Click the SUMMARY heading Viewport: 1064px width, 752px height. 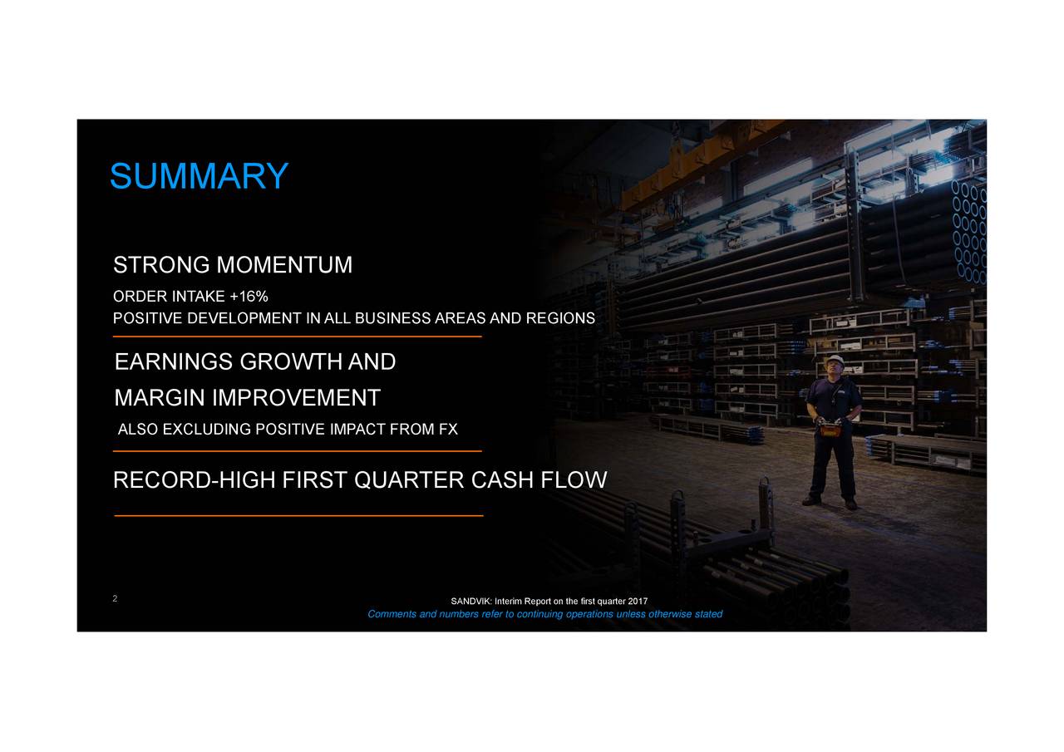[199, 176]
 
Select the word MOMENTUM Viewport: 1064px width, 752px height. [283, 266]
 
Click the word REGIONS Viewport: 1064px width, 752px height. [560, 319]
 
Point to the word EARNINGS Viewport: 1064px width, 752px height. [173, 363]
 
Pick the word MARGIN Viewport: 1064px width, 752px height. [160, 398]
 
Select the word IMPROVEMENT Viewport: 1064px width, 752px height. [297, 398]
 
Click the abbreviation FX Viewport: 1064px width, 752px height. [449, 430]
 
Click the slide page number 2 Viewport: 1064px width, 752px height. [115, 599]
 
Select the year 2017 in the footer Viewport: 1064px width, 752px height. [638, 602]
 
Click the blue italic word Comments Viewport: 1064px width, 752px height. [394, 615]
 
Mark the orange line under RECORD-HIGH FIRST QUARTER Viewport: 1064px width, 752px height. [298, 516]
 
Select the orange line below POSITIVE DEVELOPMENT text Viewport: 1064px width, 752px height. [297, 337]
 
